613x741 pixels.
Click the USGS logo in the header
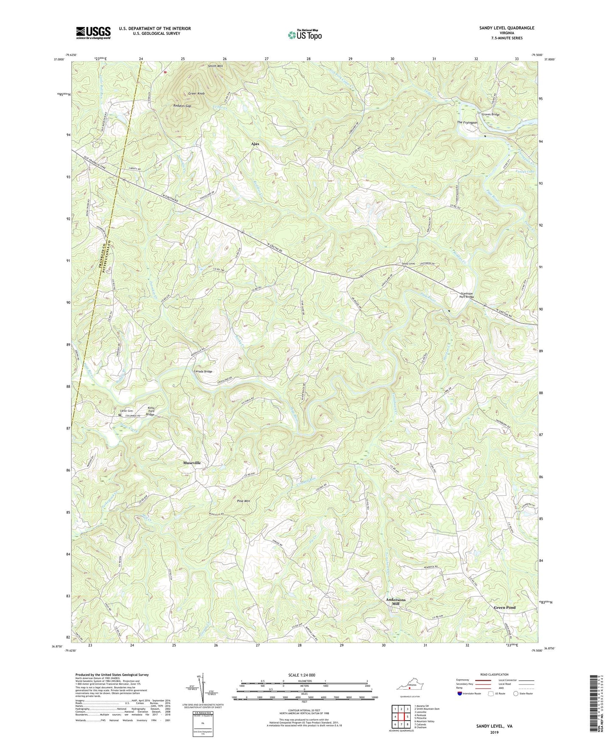pos(93,33)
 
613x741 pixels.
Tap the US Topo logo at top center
pos(304,35)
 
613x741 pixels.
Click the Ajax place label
pos(255,144)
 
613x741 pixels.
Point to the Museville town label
pos(191,463)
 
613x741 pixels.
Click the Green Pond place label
pos(504,607)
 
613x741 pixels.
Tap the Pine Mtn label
pos(244,501)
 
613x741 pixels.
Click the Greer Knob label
pos(196,93)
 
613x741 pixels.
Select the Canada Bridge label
pos(203,371)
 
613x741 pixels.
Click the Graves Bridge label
pos(490,115)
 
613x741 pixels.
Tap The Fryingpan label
pos(467,123)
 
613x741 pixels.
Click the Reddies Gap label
pos(182,106)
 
